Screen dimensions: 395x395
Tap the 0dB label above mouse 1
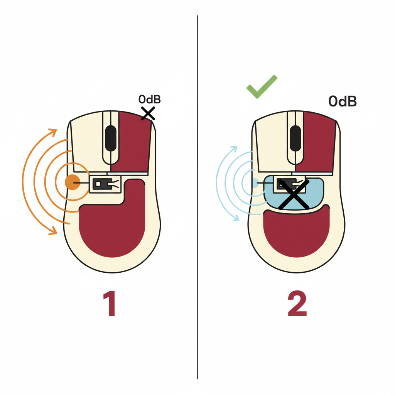coord(149,99)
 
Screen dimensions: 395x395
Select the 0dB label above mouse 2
coord(343,101)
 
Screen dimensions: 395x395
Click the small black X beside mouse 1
coord(148,113)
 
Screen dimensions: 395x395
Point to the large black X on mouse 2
coord(294,194)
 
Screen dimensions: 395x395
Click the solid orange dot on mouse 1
coord(73,182)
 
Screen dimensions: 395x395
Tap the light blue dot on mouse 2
coord(255,183)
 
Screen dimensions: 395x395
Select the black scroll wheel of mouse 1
coord(111,138)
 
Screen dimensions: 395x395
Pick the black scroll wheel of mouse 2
coord(295,138)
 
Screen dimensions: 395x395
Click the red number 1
coord(110,303)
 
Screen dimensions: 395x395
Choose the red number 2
coord(297,303)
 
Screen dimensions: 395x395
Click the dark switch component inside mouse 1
coord(103,184)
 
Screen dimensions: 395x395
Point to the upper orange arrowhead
coord(53,132)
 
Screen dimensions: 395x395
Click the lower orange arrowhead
coord(53,231)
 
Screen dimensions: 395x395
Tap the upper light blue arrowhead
coord(234,149)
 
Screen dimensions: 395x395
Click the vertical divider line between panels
coord(197,197)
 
